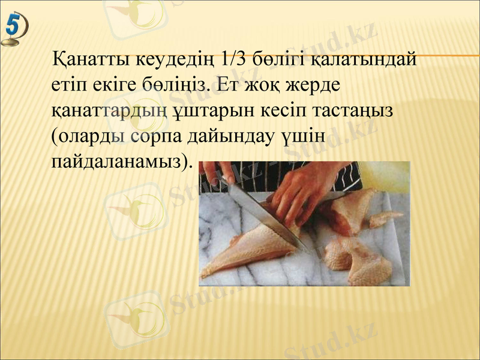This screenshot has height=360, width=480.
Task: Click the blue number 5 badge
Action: pos(15,30)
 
